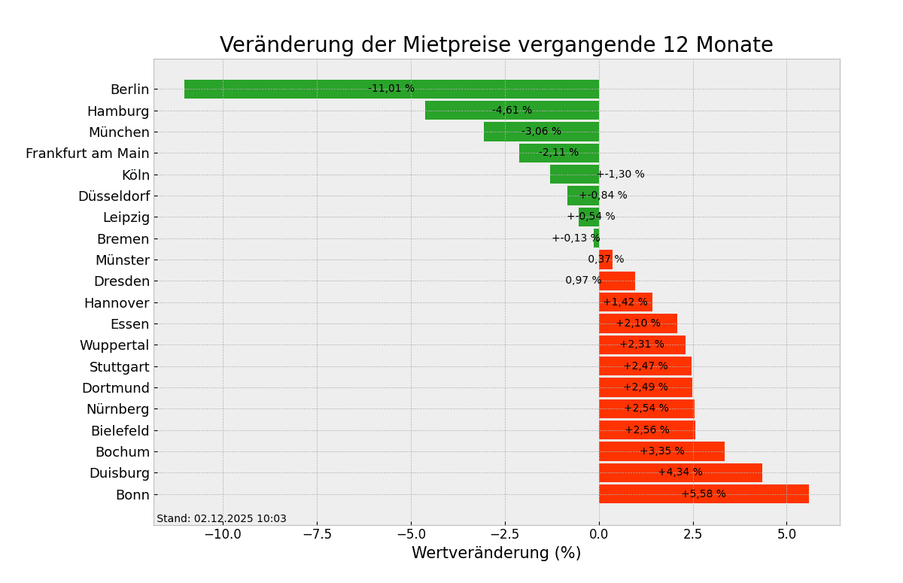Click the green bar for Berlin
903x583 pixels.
pyautogui.click(x=301, y=89)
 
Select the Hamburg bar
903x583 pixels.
pyautogui.click(x=467, y=111)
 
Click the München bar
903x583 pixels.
pyautogui.click(x=504, y=132)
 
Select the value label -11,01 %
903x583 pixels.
pyautogui.click(x=391, y=89)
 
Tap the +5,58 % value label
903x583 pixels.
pyautogui.click(x=704, y=494)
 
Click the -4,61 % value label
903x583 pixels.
pyautogui.click(x=512, y=111)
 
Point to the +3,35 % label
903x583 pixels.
pyautogui.click(x=662, y=451)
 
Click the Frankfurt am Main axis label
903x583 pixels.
pyautogui.click(x=87, y=153)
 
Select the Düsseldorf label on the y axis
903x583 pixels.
pyautogui.click(x=114, y=196)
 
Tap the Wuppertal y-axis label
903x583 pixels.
pyautogui.click(x=114, y=345)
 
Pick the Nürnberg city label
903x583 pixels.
pyautogui.click(x=117, y=409)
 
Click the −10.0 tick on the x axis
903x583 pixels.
pyautogui.click(x=223, y=534)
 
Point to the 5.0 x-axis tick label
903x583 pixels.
pyautogui.click(x=786, y=534)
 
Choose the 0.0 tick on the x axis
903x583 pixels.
pyautogui.click(x=599, y=534)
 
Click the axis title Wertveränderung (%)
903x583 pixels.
pyautogui.click(x=496, y=554)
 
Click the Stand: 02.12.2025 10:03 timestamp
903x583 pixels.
pyautogui.click(x=221, y=518)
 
